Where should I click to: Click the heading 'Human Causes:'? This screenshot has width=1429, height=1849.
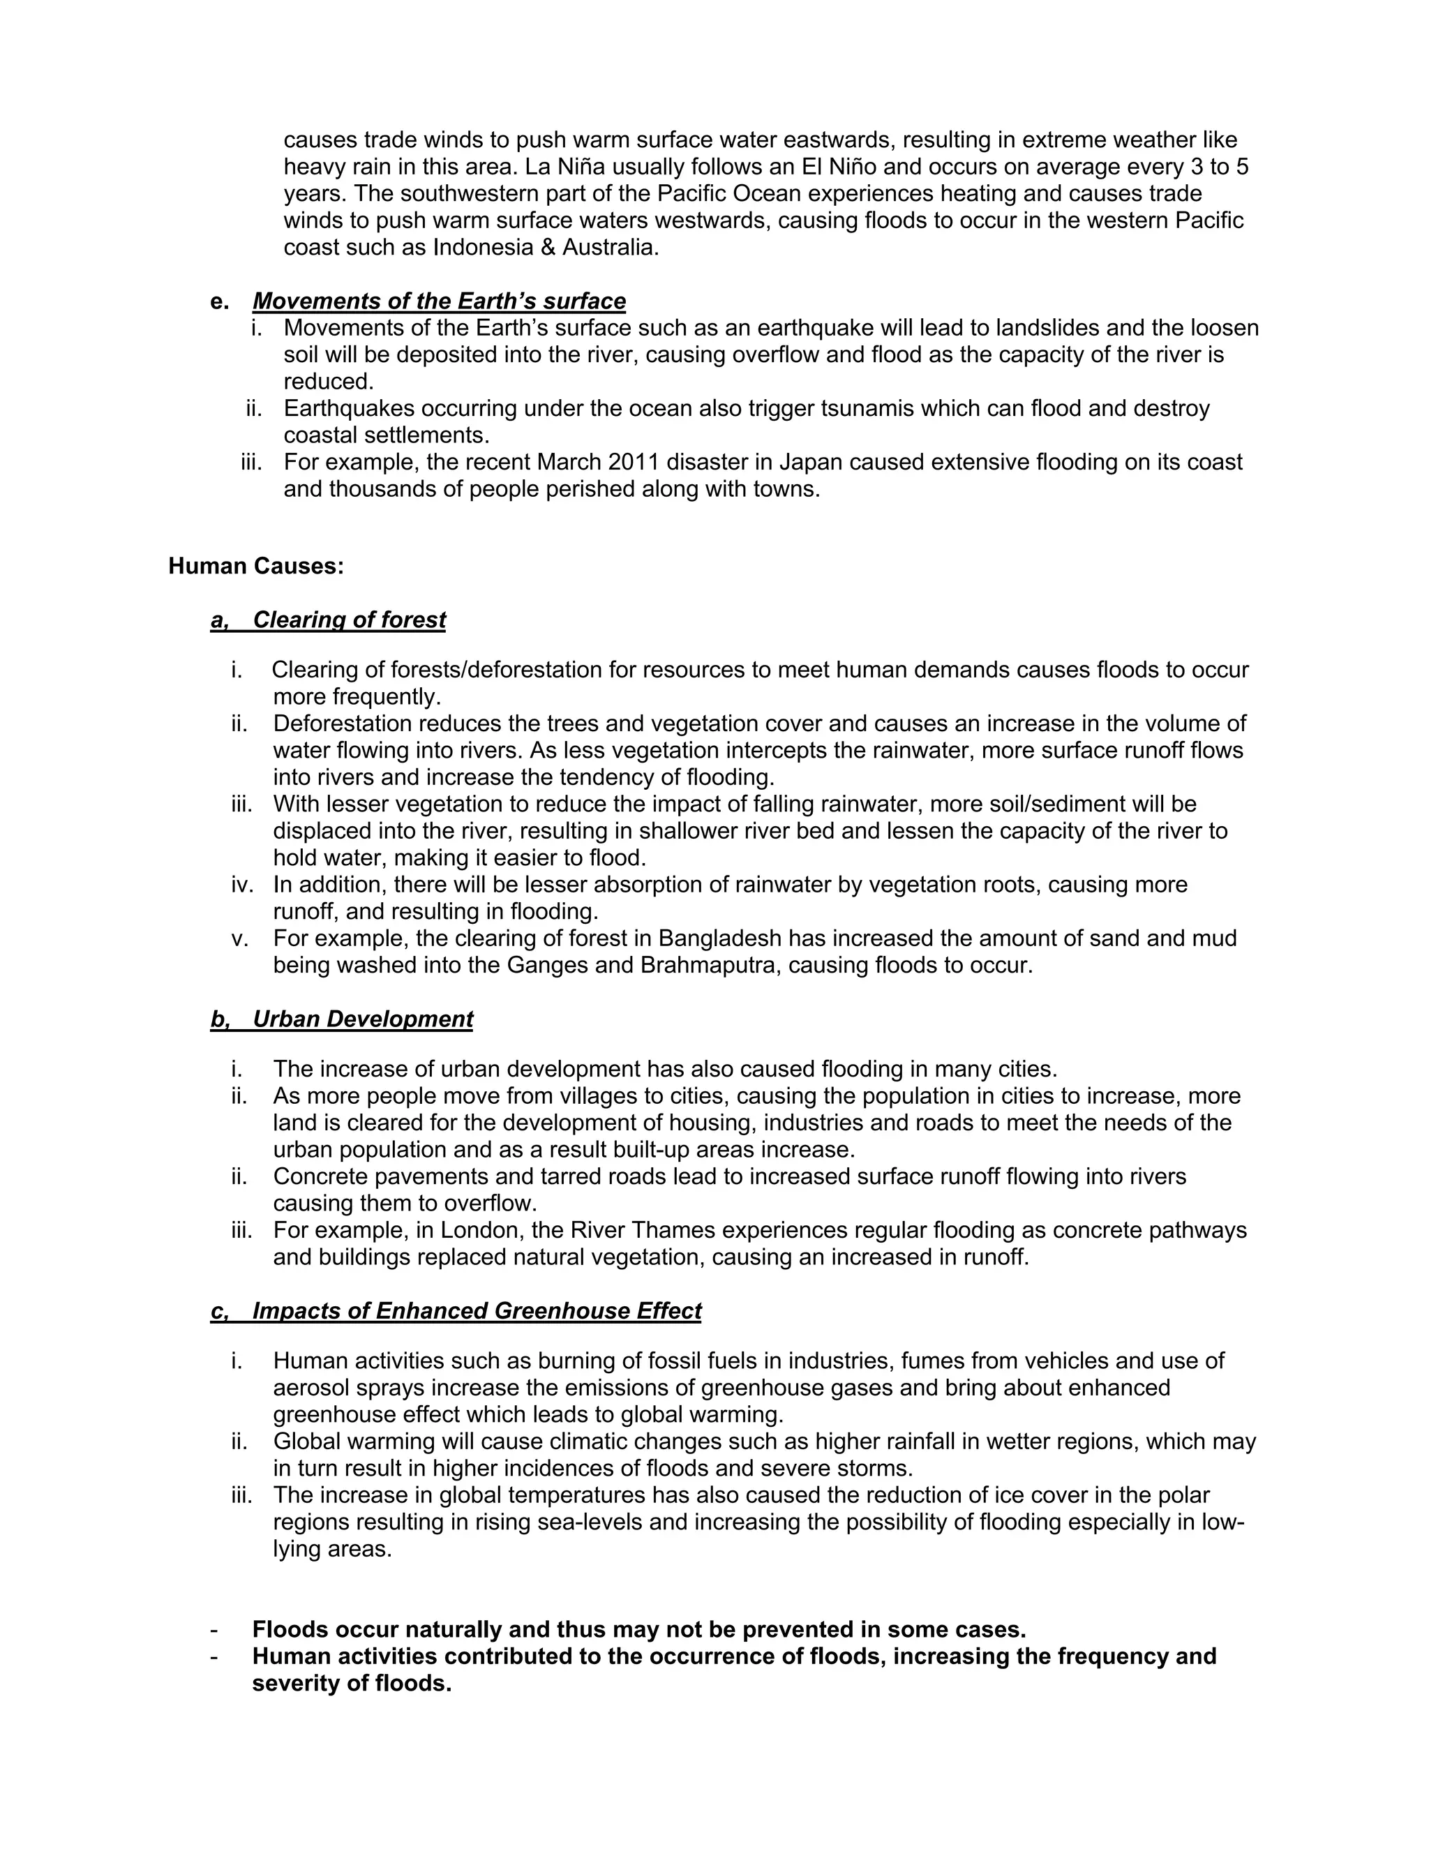click(x=255, y=567)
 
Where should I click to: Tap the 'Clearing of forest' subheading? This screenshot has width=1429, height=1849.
click(x=349, y=620)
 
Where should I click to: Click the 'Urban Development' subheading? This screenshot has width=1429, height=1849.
click(x=362, y=1019)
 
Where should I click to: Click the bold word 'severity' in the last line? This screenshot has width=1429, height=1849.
click(x=297, y=1683)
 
